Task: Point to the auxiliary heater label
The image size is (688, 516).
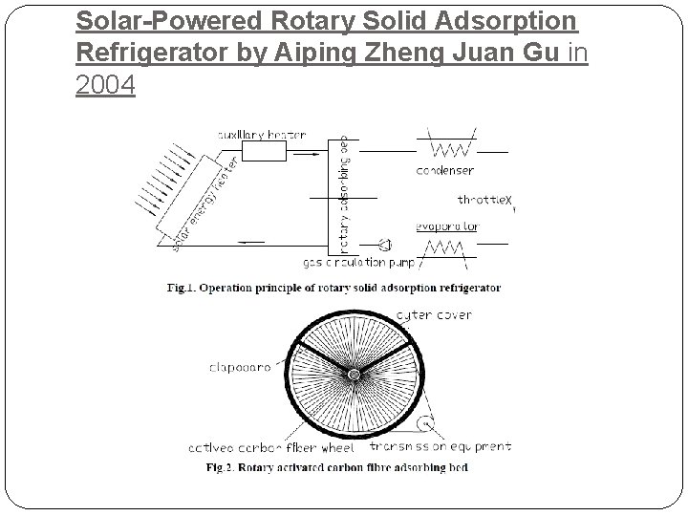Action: (x=261, y=135)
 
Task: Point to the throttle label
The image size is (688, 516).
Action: (x=485, y=200)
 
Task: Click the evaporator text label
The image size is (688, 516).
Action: (x=448, y=227)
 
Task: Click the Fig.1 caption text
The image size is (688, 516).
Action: (x=333, y=287)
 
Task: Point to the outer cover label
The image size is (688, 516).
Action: (x=433, y=314)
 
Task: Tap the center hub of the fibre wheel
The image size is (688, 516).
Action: (x=353, y=374)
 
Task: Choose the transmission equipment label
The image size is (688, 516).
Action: (x=454, y=446)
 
